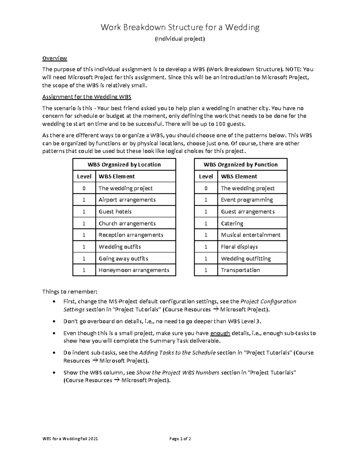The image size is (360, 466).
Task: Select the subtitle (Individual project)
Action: [180, 39]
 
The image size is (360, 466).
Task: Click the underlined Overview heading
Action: [55, 58]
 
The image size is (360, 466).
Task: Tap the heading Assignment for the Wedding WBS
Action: [87, 97]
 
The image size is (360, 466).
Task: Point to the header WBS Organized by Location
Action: [124, 164]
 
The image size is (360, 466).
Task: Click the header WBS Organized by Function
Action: [241, 164]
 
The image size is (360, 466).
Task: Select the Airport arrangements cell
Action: [127, 200]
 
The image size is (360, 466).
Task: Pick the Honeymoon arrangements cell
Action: [134, 270]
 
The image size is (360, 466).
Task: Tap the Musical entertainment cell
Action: [250, 235]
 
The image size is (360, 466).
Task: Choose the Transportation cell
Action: [240, 270]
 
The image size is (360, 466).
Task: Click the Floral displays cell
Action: [239, 247]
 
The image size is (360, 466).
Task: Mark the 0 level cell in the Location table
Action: [84, 188]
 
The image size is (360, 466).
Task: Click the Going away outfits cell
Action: [123, 259]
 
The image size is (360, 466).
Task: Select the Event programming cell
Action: [247, 200]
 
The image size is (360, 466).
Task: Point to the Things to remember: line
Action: [70, 292]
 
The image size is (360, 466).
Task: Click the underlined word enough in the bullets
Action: [220, 333]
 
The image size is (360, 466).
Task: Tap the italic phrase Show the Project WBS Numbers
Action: [178, 373]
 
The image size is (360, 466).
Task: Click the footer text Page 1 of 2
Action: [180, 439]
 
